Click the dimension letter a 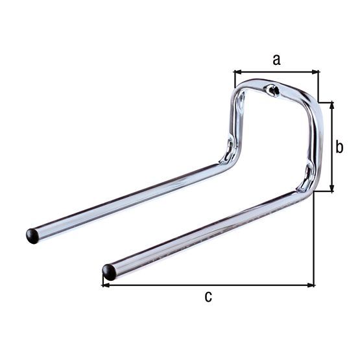[276, 60]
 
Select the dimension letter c [208, 297]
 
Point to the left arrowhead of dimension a [237, 72]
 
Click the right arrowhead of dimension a [317, 72]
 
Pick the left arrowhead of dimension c [106, 284]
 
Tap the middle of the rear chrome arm [130, 198]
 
